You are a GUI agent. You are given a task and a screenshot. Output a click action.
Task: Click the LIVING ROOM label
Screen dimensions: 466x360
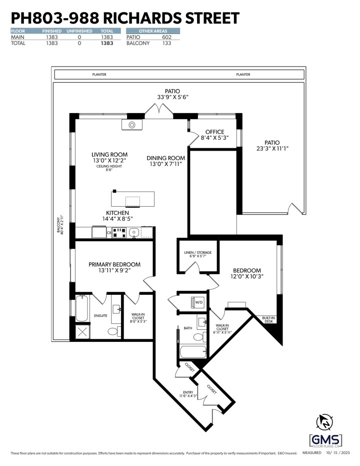pyautogui.click(x=109, y=155)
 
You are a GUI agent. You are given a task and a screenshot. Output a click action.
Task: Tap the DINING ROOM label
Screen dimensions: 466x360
pyautogui.click(x=166, y=158)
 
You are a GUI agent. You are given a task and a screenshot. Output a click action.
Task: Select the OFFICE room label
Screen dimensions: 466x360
pyautogui.click(x=214, y=132)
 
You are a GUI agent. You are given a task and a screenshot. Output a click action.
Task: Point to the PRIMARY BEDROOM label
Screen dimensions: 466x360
pyautogui.click(x=114, y=264)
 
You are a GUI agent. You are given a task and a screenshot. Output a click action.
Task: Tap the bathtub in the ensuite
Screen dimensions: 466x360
pyautogui.click(x=82, y=308)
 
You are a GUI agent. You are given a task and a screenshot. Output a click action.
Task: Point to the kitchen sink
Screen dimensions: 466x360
pyautogui.click(x=134, y=232)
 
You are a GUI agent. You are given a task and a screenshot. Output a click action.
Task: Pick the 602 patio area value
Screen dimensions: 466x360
pyautogui.click(x=166, y=37)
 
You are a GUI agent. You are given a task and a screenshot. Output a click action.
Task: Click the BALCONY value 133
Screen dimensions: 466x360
pyautogui.click(x=166, y=44)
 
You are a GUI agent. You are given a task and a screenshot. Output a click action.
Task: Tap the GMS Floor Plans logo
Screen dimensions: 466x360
pyautogui.click(x=325, y=439)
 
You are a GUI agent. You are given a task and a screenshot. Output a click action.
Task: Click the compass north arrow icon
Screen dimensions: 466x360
pyautogui.click(x=325, y=421)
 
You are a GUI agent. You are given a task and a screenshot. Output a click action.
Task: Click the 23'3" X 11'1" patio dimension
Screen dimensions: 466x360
pyautogui.click(x=272, y=149)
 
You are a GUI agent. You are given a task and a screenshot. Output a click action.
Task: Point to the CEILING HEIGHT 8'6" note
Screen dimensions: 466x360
pyautogui.click(x=109, y=168)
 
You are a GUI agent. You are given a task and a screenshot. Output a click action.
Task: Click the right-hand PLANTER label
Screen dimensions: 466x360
pyautogui.click(x=243, y=75)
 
